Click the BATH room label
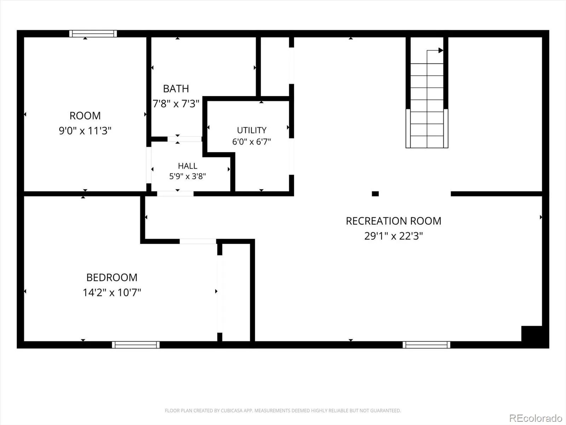[x=176, y=89]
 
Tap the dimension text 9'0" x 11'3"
[x=85, y=131]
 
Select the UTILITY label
[x=252, y=130]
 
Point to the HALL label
[x=187, y=166]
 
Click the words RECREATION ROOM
[x=393, y=221]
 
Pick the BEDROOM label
[x=112, y=277]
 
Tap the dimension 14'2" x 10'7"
[x=112, y=293]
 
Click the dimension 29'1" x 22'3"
[x=393, y=236]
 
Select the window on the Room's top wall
[x=93, y=34]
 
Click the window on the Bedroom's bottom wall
[x=135, y=345]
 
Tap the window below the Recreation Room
[x=427, y=345]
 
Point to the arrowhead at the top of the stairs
[x=441, y=50]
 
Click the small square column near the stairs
[x=375, y=193]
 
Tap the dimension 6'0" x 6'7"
[x=252, y=141]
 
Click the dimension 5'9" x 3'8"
[x=187, y=176]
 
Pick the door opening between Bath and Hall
[x=185, y=139]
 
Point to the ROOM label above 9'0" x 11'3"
[x=85, y=115]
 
